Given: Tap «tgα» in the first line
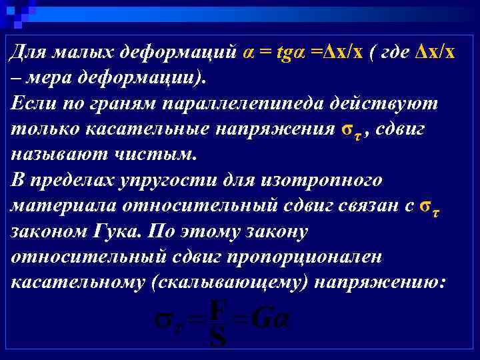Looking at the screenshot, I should [289, 53].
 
